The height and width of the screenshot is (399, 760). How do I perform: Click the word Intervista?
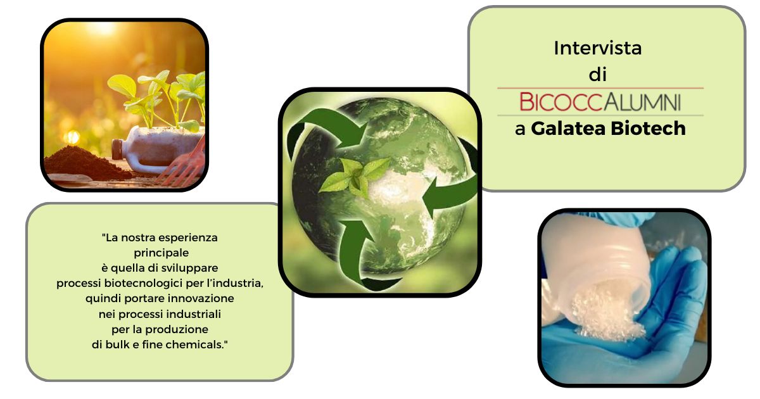click(597, 48)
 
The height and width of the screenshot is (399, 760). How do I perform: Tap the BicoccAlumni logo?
click(600, 101)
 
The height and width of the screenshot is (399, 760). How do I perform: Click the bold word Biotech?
click(648, 128)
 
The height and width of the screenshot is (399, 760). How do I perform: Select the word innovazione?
click(201, 298)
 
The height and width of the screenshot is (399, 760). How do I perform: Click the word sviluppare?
click(189, 269)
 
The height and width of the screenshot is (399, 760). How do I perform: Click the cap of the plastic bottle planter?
click(117, 149)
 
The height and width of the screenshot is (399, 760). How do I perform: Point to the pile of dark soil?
click(85, 163)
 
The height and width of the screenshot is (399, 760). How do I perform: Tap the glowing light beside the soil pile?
click(72, 137)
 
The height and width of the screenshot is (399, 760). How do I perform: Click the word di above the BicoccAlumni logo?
click(597, 74)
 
